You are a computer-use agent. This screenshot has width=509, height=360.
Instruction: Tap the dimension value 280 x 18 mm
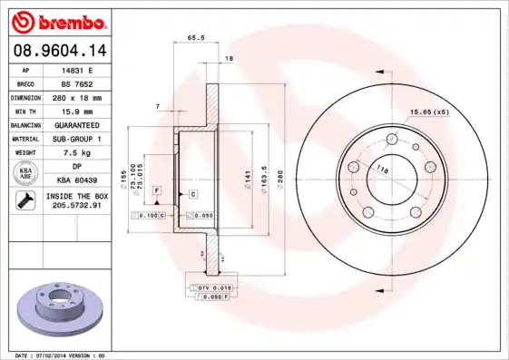[76, 96]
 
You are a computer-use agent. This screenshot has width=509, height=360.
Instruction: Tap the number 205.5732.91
[76, 207]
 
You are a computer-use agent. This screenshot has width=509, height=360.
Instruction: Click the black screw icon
[24, 201]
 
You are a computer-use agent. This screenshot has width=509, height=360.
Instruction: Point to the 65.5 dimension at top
[194, 38]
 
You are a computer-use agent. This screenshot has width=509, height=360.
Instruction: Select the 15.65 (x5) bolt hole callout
[429, 112]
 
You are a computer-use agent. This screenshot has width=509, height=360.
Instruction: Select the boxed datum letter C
[193, 194]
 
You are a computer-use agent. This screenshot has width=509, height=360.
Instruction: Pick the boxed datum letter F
[157, 190]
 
